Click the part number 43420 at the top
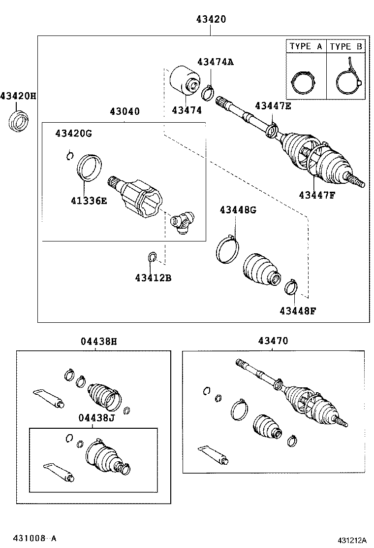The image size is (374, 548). (x=211, y=20)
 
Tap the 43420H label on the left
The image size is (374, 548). (x=18, y=96)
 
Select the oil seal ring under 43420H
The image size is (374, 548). (x=19, y=121)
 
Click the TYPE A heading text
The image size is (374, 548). (x=306, y=46)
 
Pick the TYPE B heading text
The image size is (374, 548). (x=346, y=46)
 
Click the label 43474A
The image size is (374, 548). (x=215, y=62)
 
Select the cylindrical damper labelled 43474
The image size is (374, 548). (x=183, y=80)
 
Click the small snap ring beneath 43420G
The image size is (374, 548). (x=70, y=156)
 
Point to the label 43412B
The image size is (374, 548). (x=153, y=278)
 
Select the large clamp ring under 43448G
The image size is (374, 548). (x=227, y=249)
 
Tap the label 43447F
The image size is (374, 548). (x=316, y=194)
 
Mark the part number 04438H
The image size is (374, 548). (x=99, y=341)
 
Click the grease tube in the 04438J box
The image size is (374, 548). (x=59, y=472)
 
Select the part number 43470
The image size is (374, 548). (x=273, y=341)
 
